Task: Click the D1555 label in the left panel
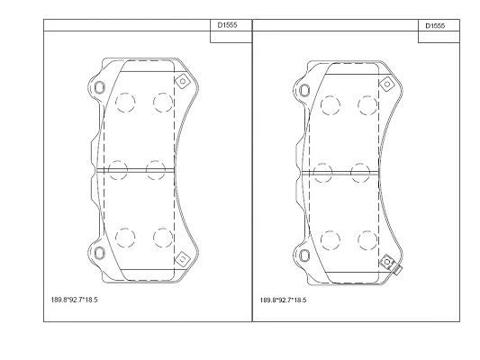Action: click(x=228, y=26)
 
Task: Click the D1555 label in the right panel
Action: click(x=435, y=26)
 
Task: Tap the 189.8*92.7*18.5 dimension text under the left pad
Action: click(x=74, y=298)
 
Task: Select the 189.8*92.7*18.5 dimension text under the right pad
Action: click(x=282, y=298)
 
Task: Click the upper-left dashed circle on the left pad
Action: click(x=125, y=103)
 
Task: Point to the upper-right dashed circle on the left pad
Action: click(x=162, y=103)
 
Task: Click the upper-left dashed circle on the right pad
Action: click(x=329, y=105)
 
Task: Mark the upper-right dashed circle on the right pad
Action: click(x=366, y=105)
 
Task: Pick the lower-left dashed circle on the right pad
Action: click(x=329, y=239)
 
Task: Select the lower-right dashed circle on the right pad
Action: click(x=366, y=239)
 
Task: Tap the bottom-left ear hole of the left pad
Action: click(x=98, y=251)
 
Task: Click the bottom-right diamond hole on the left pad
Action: click(x=181, y=257)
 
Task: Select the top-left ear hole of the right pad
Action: click(x=302, y=90)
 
